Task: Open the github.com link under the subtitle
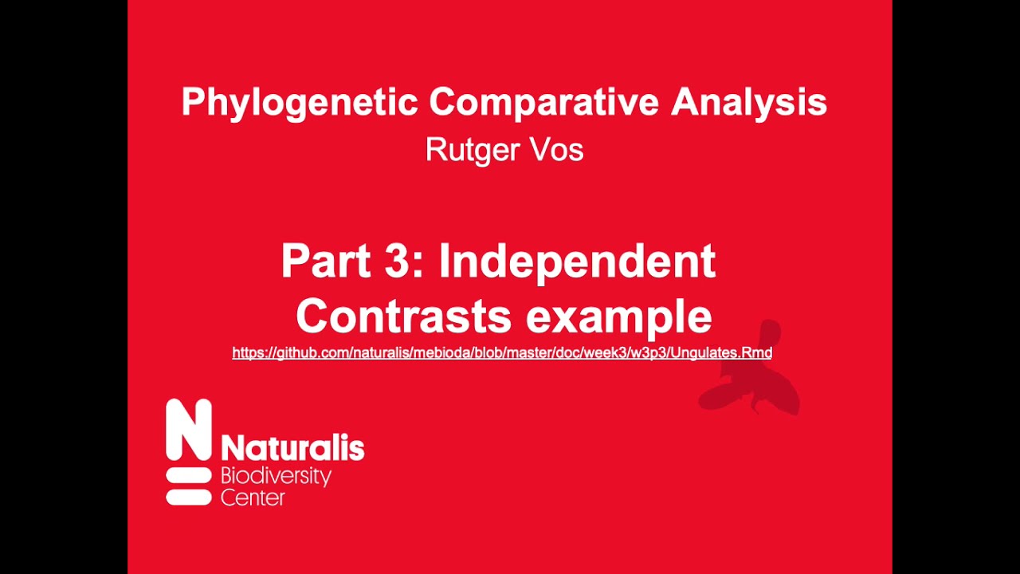tap(502, 352)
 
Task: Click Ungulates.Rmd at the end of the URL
tap(721, 352)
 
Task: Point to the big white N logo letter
tap(189, 430)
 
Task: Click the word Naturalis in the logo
tap(292, 448)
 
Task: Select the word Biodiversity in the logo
tap(275, 478)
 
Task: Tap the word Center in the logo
tap(252, 498)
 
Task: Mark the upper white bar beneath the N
tap(189, 476)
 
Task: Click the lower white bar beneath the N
tap(189, 497)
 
